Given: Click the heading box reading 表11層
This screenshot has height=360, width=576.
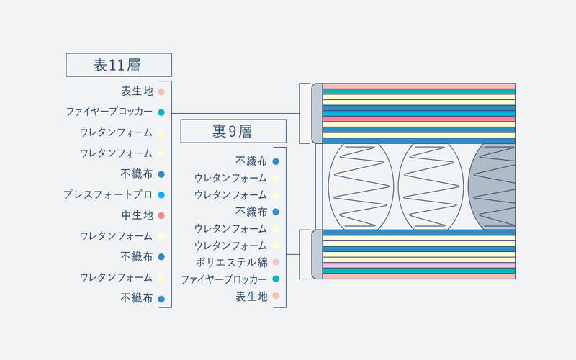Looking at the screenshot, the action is [x=119, y=65].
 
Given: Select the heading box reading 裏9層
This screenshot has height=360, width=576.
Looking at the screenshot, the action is [x=233, y=131].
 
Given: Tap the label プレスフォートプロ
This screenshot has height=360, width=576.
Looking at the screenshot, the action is [x=107, y=194].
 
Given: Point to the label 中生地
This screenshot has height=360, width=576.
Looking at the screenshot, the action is [x=137, y=215].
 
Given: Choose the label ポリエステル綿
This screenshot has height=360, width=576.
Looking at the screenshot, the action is [x=231, y=262].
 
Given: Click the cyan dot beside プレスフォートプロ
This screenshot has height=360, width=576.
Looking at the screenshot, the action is [x=161, y=194].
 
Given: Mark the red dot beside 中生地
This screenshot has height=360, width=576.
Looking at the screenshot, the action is [x=161, y=215].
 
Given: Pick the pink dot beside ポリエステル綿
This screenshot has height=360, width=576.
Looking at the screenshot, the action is [x=276, y=262].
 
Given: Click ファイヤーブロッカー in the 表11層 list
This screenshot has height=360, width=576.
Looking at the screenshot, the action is [x=109, y=112].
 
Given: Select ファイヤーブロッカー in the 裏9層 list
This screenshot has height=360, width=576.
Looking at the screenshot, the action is [x=224, y=279].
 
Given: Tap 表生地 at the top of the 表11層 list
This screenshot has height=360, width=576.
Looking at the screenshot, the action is [x=137, y=91].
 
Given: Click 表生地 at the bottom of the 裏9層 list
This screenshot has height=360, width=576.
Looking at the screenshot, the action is [x=251, y=296].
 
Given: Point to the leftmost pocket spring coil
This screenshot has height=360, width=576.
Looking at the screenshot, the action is [x=361, y=186].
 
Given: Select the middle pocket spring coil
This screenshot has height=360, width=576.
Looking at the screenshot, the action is [x=431, y=186].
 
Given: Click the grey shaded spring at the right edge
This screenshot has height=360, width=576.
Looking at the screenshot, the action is [x=492, y=186].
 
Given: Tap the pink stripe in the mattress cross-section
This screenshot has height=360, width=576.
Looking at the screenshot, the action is [x=419, y=265].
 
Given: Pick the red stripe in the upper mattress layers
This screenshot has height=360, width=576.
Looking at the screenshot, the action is [x=419, y=119].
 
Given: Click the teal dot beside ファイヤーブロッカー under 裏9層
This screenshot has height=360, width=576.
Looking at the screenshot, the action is [x=276, y=279].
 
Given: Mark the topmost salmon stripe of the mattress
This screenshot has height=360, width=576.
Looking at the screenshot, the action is [x=419, y=86].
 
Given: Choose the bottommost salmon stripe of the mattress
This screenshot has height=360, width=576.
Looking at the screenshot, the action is [x=419, y=276].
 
